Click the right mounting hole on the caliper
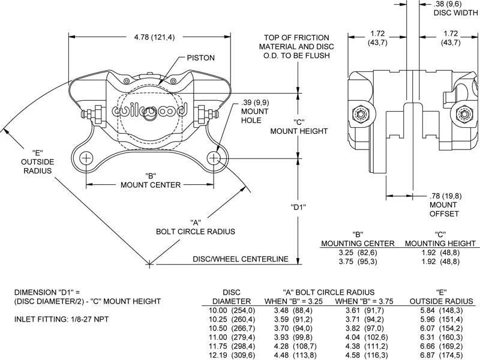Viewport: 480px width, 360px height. tap(215, 158)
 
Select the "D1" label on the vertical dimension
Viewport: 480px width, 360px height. tap(299, 208)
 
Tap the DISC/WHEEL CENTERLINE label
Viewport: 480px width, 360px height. tap(241, 259)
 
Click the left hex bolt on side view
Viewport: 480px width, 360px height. tap(362, 113)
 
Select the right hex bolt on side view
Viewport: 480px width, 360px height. tap(463, 113)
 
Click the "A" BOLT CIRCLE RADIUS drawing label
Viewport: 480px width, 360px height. tap(195, 226)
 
